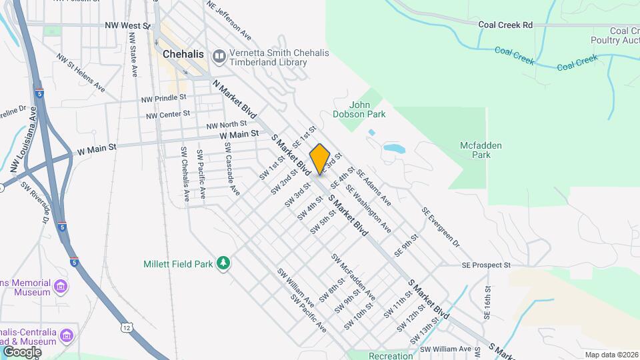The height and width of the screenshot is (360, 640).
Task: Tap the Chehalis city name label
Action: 182,54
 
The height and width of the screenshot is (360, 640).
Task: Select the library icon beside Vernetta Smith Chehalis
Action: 219,57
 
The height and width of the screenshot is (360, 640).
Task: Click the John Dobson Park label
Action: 368,109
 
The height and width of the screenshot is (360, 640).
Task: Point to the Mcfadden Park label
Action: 480,150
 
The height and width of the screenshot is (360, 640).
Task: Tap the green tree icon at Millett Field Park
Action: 224,264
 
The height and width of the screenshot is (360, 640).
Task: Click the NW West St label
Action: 127,25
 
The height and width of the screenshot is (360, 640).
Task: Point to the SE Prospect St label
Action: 485,265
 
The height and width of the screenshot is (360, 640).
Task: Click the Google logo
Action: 22,351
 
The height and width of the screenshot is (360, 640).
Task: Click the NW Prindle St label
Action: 165,99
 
